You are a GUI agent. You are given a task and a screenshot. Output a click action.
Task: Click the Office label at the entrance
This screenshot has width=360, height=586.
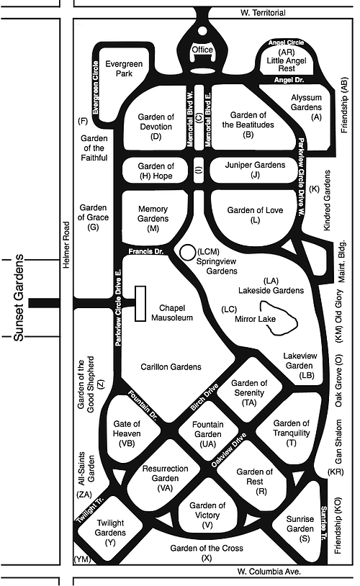(x=203, y=50)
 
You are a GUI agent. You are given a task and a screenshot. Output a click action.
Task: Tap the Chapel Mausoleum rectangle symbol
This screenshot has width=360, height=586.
(x=140, y=304)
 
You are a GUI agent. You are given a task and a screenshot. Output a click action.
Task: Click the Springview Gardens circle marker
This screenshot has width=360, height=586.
(x=188, y=251)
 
